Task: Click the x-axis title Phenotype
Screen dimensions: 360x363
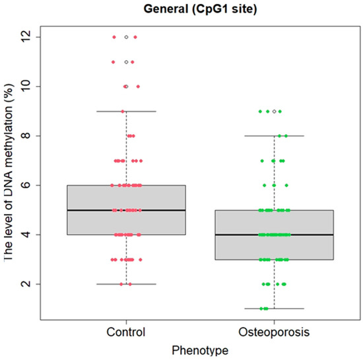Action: (x=200, y=349)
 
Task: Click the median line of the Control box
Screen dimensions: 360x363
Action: (x=126, y=210)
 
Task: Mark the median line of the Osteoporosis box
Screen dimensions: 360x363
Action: (x=274, y=234)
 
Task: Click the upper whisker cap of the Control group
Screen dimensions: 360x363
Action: (x=126, y=111)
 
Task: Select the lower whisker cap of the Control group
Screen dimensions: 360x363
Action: (x=126, y=284)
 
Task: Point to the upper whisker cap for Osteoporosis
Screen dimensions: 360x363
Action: (x=274, y=136)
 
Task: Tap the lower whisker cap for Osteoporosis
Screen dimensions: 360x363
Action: (x=274, y=308)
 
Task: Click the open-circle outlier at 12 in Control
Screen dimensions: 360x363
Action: (x=126, y=37)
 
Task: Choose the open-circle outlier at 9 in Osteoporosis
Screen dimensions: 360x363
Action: (x=274, y=111)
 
